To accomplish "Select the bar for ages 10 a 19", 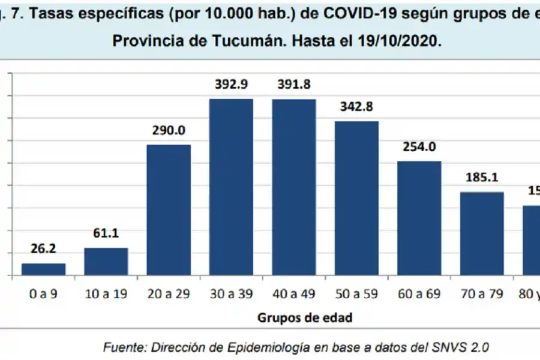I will (106, 262).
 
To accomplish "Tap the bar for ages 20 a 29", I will (169, 210).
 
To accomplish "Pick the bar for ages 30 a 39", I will (231, 187).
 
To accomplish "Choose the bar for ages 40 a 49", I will (294, 187).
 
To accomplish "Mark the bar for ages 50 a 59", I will (356, 198).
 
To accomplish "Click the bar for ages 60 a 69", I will (419, 218).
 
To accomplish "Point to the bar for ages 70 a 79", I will (482, 234).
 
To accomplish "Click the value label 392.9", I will (232, 85).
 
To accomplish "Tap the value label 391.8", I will (294, 85).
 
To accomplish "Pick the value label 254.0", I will (419, 147).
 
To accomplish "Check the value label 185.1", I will (482, 178).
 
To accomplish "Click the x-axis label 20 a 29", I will (169, 294).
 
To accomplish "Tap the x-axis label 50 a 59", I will (356, 294).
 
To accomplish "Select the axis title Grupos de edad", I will (305, 318).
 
